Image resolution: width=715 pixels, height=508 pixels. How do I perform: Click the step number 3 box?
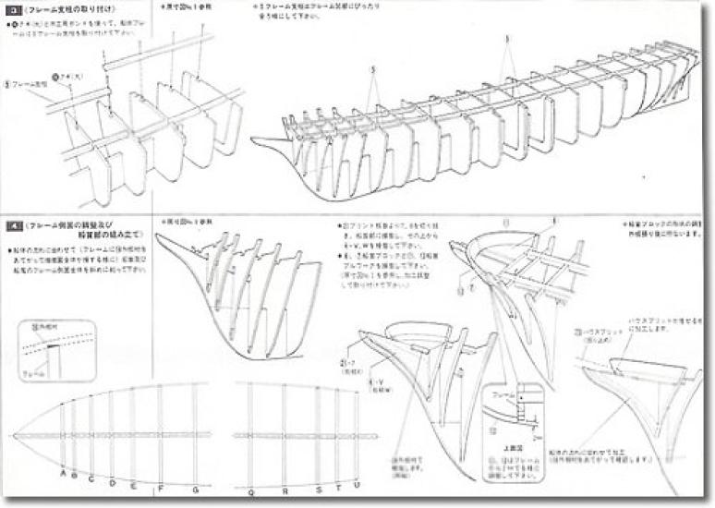point(15,10)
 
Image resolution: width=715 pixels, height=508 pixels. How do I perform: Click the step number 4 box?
point(15,225)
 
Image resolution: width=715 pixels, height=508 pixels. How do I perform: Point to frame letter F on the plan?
point(161,487)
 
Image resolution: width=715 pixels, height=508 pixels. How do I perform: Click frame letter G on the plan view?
point(194,487)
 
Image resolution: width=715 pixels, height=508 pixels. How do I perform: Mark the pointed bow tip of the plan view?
point(14,434)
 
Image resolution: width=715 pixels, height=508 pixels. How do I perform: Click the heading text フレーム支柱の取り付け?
point(69,10)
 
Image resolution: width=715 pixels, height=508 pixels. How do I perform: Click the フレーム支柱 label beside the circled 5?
point(30,81)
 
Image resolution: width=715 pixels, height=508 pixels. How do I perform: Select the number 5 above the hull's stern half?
point(506,40)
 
